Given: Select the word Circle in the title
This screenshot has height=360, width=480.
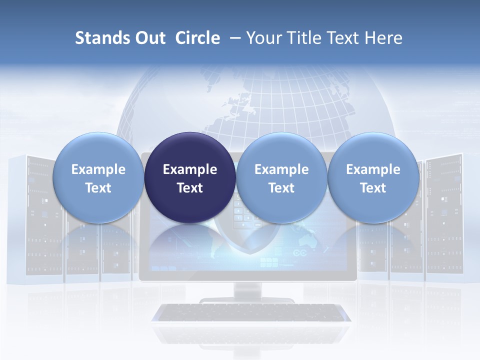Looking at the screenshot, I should point(197,38).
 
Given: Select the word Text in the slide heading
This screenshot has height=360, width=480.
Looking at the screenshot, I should point(345,38).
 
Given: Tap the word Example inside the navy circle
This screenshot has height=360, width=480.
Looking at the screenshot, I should point(190,169).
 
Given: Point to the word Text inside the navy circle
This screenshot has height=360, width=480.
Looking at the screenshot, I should point(190,188).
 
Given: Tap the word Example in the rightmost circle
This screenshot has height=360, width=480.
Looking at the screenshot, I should point(373,169).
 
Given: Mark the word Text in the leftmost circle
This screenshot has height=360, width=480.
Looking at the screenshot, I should point(98,188).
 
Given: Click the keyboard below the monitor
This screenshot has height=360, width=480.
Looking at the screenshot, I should point(251,312).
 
